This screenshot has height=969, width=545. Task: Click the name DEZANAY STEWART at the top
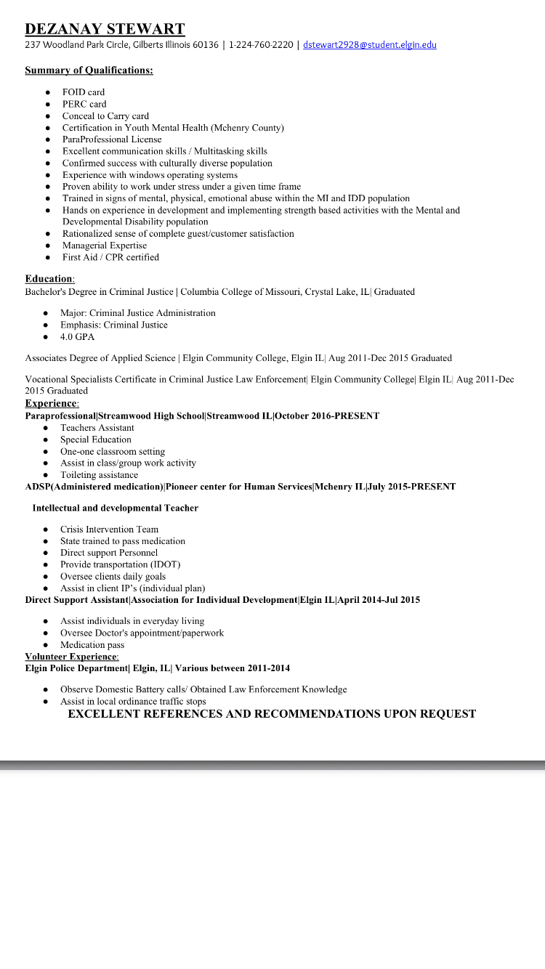(105, 29)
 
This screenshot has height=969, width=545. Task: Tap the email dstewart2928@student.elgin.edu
(370, 45)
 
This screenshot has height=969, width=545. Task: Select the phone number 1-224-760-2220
(261, 45)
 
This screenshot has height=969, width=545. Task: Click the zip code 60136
(206, 45)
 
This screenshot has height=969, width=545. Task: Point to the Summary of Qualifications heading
(89, 70)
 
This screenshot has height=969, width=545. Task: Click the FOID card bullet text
(84, 92)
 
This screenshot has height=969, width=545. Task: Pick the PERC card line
(84, 104)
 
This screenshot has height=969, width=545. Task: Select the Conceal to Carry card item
(105, 116)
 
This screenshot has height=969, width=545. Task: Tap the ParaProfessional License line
(112, 139)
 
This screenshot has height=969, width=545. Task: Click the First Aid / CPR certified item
(110, 257)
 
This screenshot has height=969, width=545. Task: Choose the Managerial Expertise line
(105, 246)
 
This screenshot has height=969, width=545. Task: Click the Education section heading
(49, 279)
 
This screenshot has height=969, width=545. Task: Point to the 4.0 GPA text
(77, 337)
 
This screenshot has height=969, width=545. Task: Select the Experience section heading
(51, 404)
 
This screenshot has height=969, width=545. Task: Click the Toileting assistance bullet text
(99, 475)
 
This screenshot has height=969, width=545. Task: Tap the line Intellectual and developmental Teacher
(116, 508)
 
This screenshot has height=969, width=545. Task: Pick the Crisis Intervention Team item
(109, 530)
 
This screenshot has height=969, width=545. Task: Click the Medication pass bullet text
(92, 645)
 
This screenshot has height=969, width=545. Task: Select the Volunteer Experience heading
(71, 657)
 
